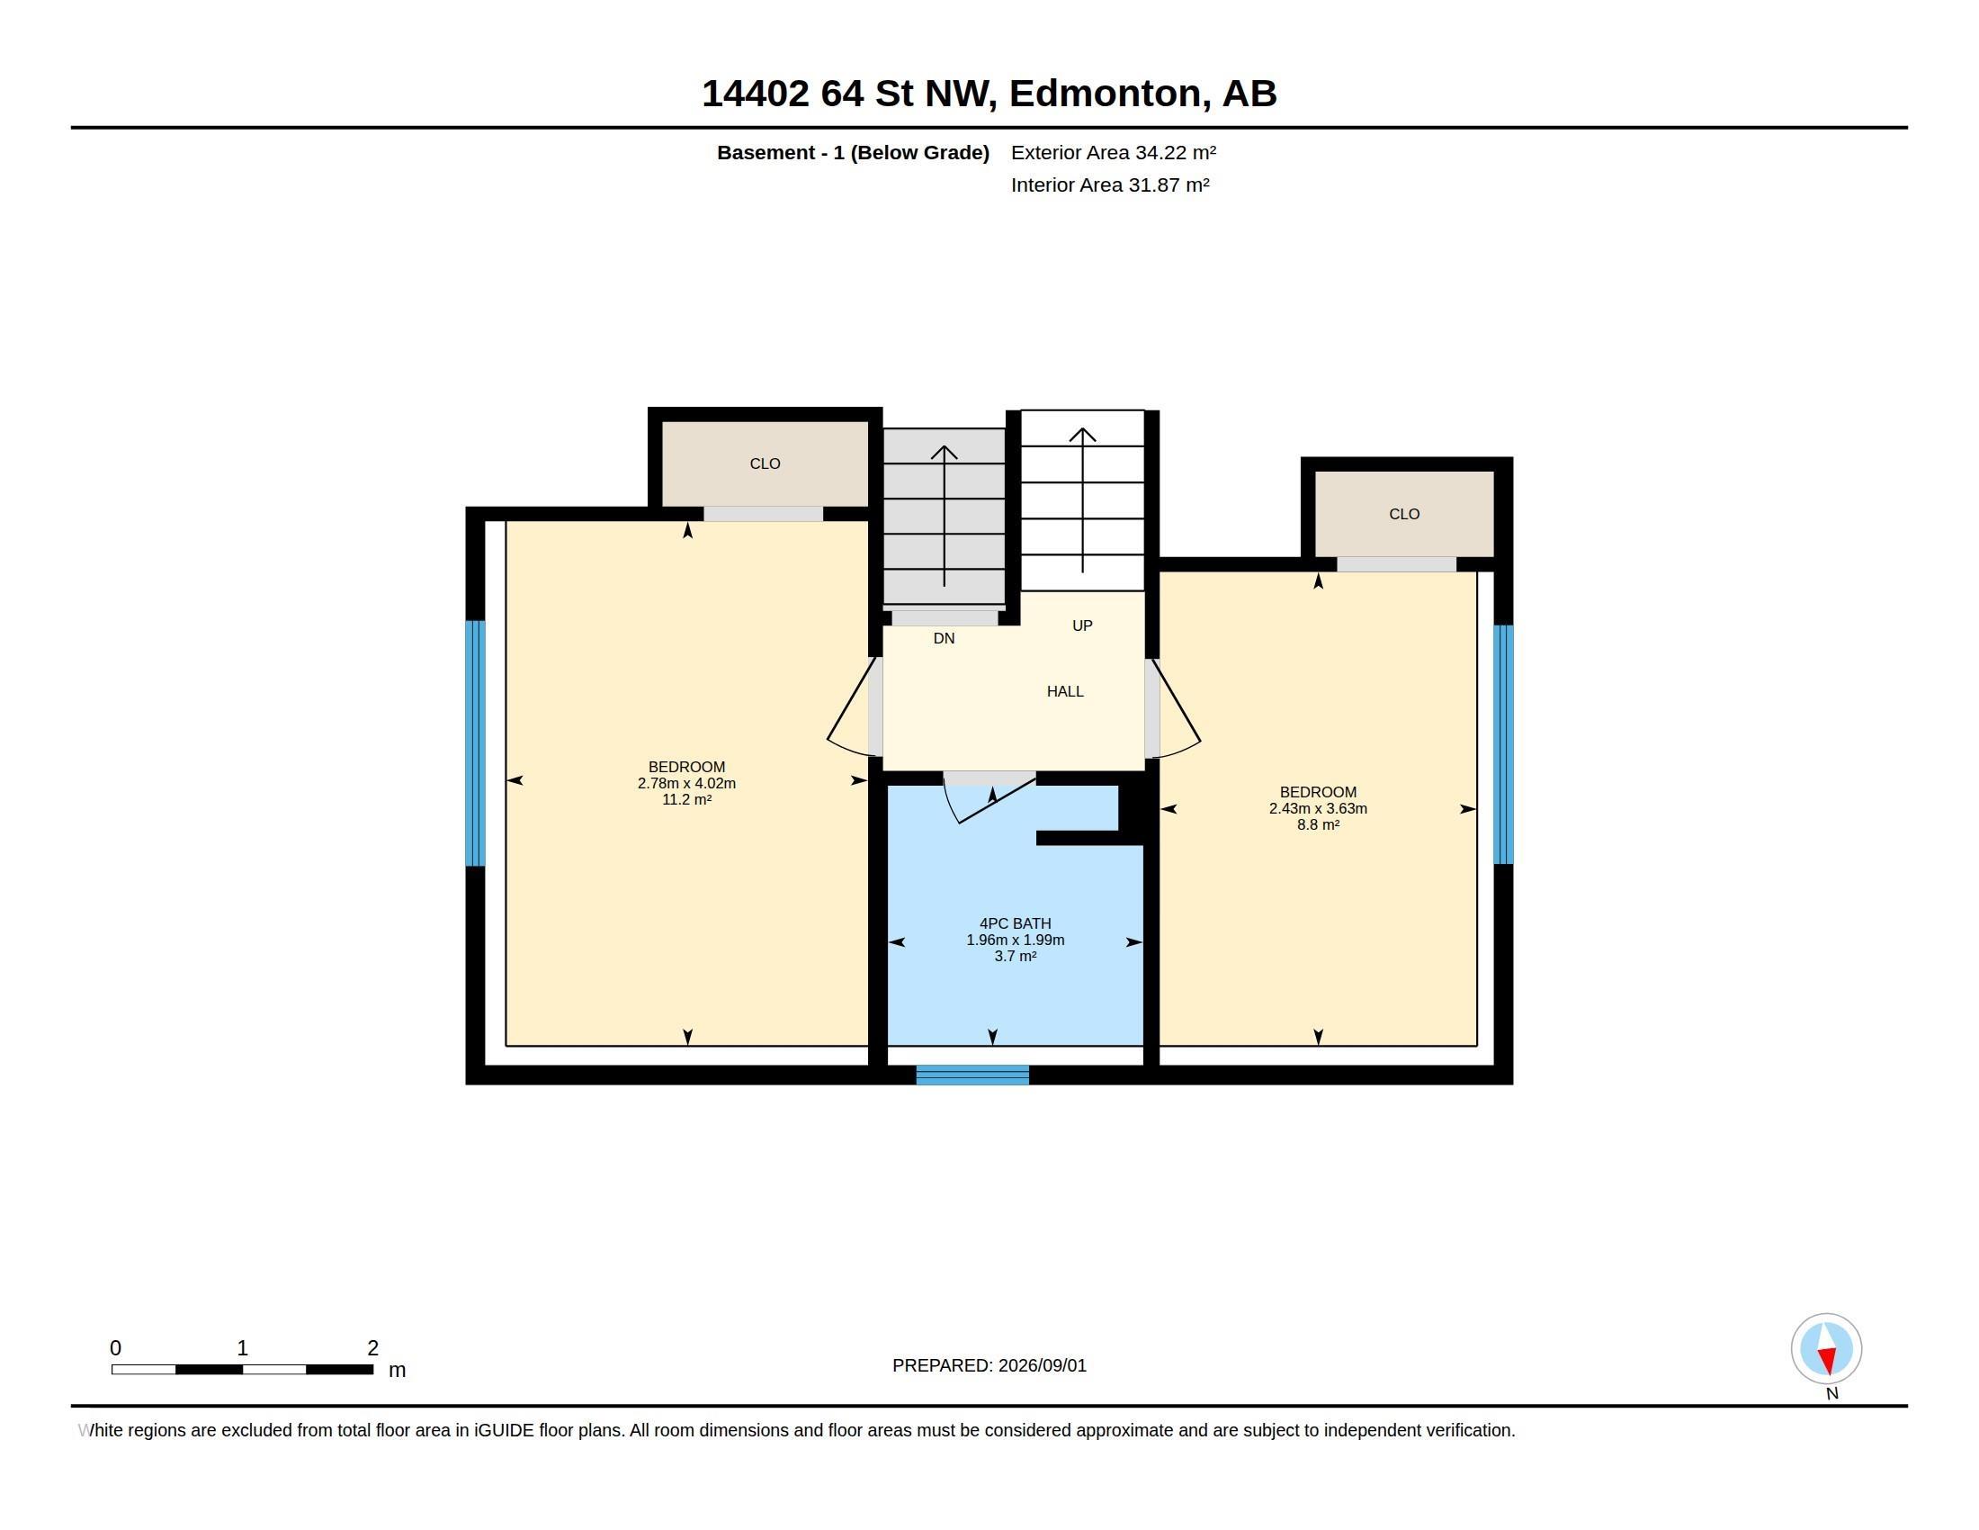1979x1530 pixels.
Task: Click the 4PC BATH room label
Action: click(1015, 923)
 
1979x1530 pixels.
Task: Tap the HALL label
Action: click(1065, 691)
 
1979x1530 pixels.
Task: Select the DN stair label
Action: click(945, 638)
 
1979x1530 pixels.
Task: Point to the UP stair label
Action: click(1082, 625)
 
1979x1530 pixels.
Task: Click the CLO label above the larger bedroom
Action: click(765, 463)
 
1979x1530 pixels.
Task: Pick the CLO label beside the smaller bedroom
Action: click(1403, 514)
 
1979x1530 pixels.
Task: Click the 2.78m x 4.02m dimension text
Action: click(686, 783)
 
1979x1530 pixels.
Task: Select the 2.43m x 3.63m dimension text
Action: click(1318, 808)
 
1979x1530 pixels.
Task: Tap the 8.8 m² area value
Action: click(1318, 824)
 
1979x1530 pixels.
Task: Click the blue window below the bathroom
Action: click(972, 1075)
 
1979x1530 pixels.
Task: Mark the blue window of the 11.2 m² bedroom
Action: click(476, 743)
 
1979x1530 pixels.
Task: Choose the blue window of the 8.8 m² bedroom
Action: click(1503, 744)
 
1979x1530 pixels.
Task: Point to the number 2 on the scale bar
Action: click(372, 1348)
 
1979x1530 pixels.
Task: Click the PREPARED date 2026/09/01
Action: click(1042, 1365)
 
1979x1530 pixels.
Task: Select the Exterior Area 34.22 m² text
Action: click(1114, 152)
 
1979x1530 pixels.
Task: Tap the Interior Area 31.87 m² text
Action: click(1110, 184)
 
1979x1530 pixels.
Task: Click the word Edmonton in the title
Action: click(1110, 94)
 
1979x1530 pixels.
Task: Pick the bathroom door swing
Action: click(988, 797)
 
